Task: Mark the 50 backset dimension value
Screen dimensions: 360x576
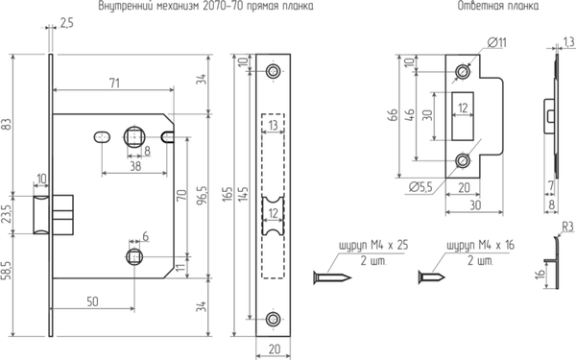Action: pos(93,301)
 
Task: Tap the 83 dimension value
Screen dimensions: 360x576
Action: pos(9,124)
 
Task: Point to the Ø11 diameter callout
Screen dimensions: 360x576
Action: pos(498,43)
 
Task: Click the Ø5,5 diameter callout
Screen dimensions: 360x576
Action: pos(417,186)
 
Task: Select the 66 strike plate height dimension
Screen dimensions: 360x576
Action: pos(393,116)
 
